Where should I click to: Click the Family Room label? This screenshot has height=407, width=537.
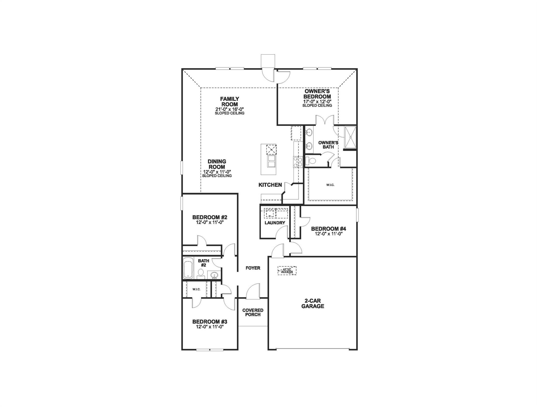pyautogui.click(x=229, y=101)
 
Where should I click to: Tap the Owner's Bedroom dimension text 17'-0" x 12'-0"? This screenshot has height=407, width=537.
pyautogui.click(x=317, y=101)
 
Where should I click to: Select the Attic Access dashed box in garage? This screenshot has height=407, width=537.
pyautogui.click(x=287, y=271)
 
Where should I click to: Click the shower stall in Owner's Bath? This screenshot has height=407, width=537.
pyautogui.click(x=350, y=137)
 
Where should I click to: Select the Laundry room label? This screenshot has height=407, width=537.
pyautogui.click(x=275, y=223)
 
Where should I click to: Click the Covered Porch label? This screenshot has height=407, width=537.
pyautogui.click(x=253, y=312)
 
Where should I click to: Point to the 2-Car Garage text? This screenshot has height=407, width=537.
pyautogui.click(x=312, y=304)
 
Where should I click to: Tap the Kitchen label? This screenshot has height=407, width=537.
pyautogui.click(x=270, y=185)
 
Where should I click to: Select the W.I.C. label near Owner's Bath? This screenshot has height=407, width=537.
pyautogui.click(x=330, y=185)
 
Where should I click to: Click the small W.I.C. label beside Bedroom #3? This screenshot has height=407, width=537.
pyautogui.click(x=196, y=289)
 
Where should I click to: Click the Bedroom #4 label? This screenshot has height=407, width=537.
pyautogui.click(x=328, y=229)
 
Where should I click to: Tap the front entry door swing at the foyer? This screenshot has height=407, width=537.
pyautogui.click(x=253, y=291)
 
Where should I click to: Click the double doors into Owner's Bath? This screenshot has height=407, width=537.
pyautogui.click(x=325, y=121)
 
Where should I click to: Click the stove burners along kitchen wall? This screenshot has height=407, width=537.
pyautogui.click(x=298, y=162)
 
